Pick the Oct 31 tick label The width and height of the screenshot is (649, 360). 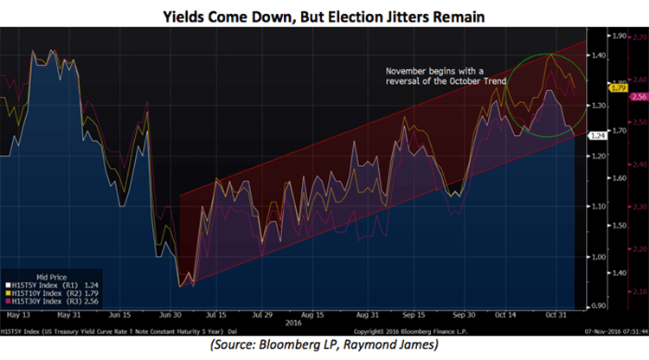[555, 317]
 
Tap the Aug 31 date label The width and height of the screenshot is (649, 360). [369, 317]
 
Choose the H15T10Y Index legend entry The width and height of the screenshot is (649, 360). [50, 292]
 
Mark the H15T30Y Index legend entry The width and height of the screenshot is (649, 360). [50, 300]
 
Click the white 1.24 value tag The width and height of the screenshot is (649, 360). [596, 136]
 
